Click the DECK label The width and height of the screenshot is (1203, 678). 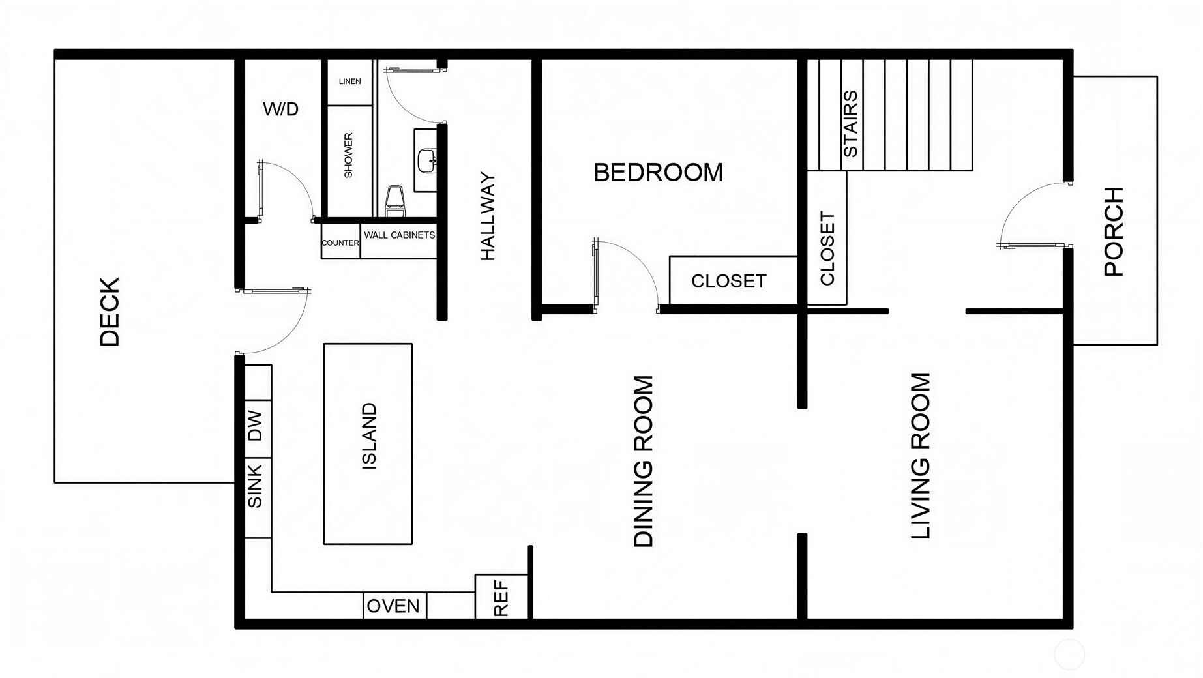pyautogui.click(x=110, y=312)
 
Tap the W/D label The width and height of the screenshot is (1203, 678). pyautogui.click(x=281, y=109)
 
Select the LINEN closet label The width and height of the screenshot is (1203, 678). pyautogui.click(x=350, y=81)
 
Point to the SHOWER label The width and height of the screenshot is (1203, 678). pyautogui.click(x=348, y=155)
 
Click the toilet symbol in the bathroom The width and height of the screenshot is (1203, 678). pyautogui.click(x=395, y=201)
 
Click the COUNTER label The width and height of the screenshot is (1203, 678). pyautogui.click(x=340, y=243)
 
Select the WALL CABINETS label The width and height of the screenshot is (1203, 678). pyautogui.click(x=399, y=235)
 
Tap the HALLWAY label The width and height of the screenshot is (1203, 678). pyautogui.click(x=488, y=216)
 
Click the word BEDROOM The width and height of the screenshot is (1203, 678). pyautogui.click(x=659, y=173)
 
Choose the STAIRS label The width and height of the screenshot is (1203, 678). pyautogui.click(x=850, y=124)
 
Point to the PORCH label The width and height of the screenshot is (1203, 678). pyautogui.click(x=1114, y=231)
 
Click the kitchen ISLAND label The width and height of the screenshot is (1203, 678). pyautogui.click(x=369, y=435)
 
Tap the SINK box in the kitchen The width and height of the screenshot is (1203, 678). pyautogui.click(x=258, y=498)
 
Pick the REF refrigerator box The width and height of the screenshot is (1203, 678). pyautogui.click(x=501, y=597)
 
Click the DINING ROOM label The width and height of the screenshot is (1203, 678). pyautogui.click(x=644, y=461)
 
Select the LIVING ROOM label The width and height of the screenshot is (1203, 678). pyautogui.click(x=920, y=456)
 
